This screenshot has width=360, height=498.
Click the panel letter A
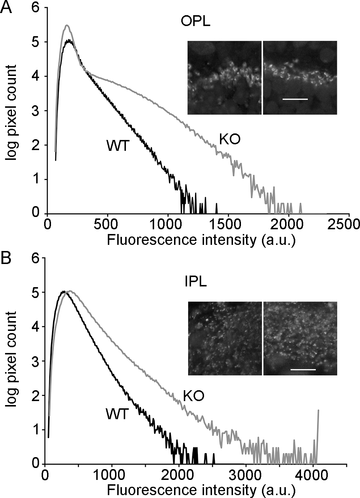[7, 7]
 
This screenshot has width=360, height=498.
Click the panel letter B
[6, 259]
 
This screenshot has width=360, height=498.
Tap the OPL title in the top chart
[195, 22]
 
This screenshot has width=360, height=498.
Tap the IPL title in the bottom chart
[195, 282]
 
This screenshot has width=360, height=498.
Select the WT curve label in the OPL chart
[118, 146]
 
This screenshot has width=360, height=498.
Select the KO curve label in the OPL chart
[230, 139]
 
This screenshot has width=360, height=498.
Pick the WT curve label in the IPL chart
[117, 414]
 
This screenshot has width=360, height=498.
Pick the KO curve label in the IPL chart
[194, 396]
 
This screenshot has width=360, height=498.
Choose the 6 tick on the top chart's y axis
[44, 8]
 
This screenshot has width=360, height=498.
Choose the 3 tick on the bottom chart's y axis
[42, 361]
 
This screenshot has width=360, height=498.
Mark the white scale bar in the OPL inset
[295, 99]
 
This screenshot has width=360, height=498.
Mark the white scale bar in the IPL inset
[303, 370]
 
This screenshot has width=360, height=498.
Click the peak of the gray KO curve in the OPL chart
[67, 25]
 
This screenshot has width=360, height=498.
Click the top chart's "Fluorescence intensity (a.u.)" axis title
[201, 240]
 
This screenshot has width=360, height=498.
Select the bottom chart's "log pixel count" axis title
[11, 359]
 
